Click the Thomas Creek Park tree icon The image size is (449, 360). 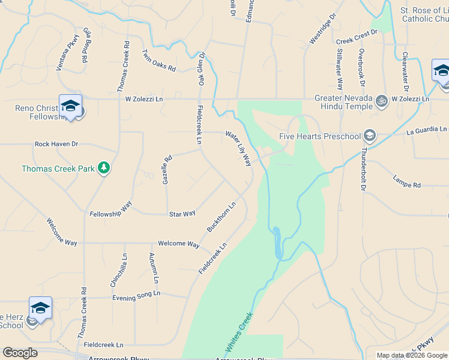[x=104, y=168]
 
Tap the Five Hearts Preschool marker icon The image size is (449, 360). [x=369, y=136]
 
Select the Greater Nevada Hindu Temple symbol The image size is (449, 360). [x=380, y=100]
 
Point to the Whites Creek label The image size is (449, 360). [x=239, y=332]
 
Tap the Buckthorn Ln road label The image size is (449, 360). [x=221, y=217]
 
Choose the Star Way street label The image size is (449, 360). [x=182, y=214]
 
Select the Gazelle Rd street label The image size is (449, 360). [x=167, y=170]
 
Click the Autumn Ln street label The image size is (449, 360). [x=154, y=268]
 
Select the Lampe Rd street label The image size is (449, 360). [x=407, y=181]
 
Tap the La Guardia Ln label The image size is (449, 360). [x=426, y=130]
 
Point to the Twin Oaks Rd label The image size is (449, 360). [x=158, y=61]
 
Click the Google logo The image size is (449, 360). [x=20, y=353]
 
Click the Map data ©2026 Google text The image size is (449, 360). [x=412, y=355]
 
